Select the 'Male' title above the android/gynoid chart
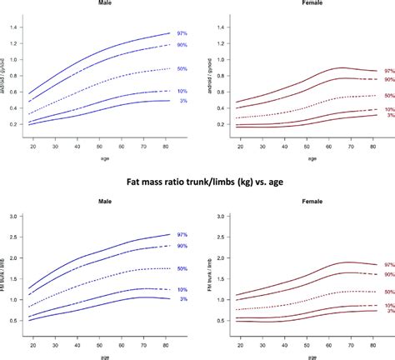pyautogui.click(x=102, y=4)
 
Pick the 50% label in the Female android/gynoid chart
pyautogui.click(x=388, y=96)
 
